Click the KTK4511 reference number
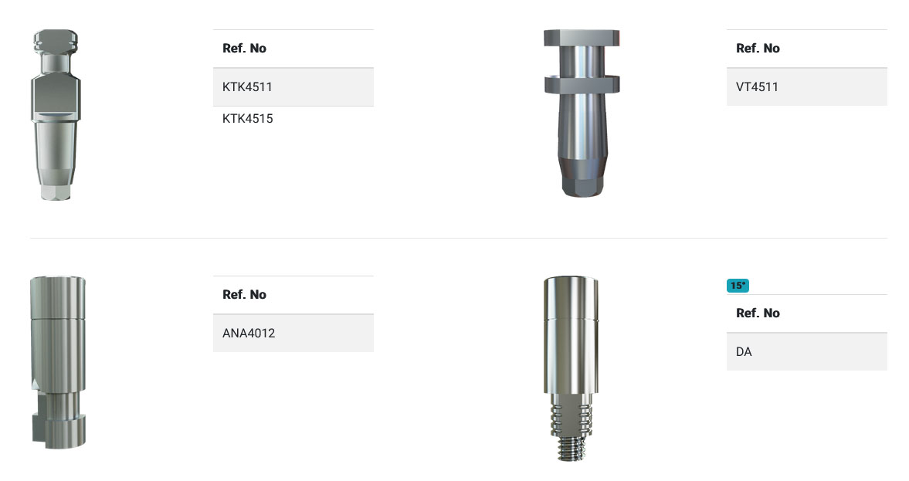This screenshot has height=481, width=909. coord(247,87)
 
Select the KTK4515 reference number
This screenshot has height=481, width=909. coord(248,119)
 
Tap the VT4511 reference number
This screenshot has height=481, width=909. coord(757,87)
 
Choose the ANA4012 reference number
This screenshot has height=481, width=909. coord(249,334)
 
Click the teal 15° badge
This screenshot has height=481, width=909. coord(738,286)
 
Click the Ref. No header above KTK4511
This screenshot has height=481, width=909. coord(244,48)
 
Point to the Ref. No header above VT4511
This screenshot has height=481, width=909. coord(758,48)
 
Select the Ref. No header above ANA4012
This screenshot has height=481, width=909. coord(244,294)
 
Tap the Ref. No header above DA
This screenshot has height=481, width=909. coord(758,313)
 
